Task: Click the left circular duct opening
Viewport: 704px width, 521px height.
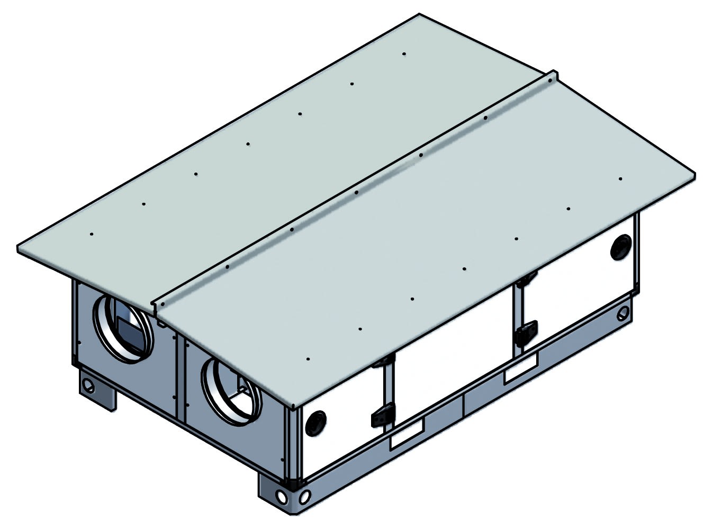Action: [123, 328]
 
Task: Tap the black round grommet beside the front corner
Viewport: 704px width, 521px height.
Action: [317, 421]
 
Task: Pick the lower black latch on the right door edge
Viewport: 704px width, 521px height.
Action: [527, 332]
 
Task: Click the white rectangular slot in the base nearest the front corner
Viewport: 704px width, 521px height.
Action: [407, 439]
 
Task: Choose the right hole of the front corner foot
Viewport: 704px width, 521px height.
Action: [304, 498]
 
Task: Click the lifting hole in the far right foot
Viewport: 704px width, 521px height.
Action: [621, 315]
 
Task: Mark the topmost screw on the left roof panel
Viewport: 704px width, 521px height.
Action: [404, 54]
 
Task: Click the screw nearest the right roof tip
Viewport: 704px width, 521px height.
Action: [620, 179]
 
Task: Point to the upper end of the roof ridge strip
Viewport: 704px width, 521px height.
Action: [553, 76]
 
